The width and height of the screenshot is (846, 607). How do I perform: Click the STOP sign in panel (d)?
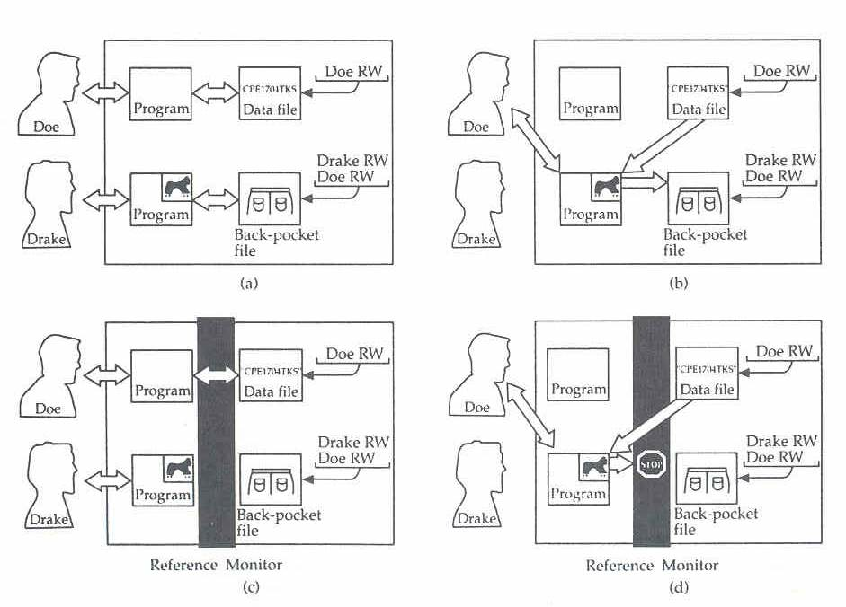(649, 464)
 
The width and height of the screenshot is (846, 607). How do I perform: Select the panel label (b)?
(679, 284)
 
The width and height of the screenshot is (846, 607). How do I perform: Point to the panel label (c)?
(249, 587)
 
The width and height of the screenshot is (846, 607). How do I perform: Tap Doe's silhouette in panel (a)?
(47, 94)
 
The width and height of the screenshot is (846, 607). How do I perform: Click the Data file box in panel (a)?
(270, 93)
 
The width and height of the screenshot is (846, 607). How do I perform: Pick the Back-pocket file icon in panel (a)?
(270, 198)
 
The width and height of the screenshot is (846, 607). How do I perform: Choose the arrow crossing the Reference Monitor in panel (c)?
(216, 374)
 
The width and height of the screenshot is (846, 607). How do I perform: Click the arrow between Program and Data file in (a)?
(215, 92)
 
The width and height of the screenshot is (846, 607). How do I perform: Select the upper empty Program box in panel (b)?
(591, 93)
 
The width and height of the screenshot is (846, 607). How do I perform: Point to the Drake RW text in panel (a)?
(352, 161)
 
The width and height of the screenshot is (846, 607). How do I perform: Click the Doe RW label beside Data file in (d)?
(782, 352)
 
